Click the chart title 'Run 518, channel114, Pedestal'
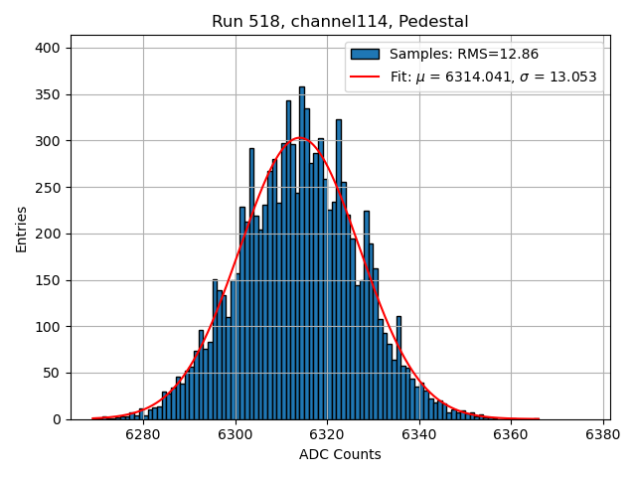click(x=340, y=21)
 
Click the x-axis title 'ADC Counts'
click(x=340, y=454)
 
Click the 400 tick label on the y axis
click(x=49, y=48)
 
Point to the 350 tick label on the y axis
click(x=49, y=94)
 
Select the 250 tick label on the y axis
click(x=49, y=187)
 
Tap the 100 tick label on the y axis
click(x=49, y=326)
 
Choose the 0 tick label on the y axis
click(x=58, y=419)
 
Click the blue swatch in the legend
click(x=365, y=55)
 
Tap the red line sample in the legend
click(x=365, y=77)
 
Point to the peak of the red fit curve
click(x=301, y=138)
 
